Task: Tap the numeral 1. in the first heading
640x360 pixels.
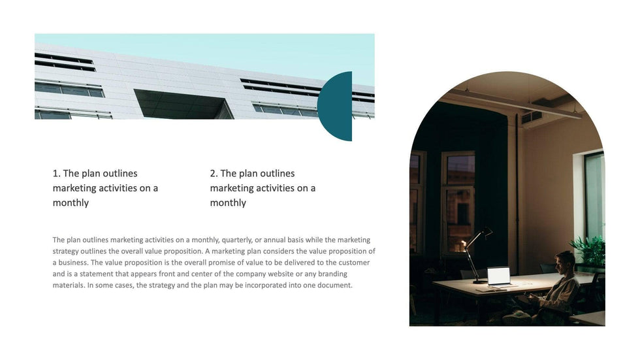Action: [57, 174]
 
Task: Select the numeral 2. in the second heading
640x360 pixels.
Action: [214, 174]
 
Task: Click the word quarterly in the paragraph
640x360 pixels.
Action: [236, 240]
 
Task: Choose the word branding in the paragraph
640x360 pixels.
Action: [332, 274]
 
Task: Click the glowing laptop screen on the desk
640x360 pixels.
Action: [499, 276]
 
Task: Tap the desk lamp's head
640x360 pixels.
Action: [486, 232]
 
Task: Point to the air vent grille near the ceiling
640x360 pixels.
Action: [532, 118]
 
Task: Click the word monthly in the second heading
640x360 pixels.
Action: [228, 203]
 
